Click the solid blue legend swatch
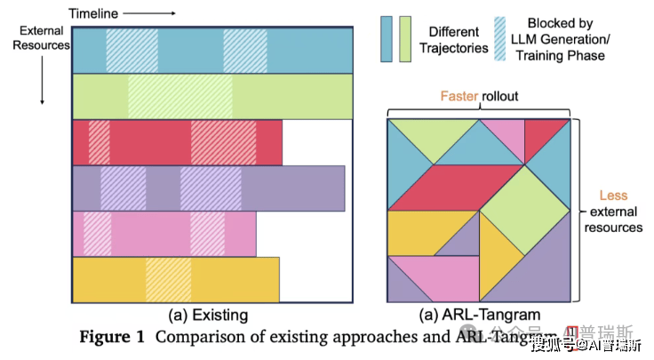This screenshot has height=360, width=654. [387, 39]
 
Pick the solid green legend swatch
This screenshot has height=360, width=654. [405, 39]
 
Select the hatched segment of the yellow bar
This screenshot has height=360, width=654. [168, 279]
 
